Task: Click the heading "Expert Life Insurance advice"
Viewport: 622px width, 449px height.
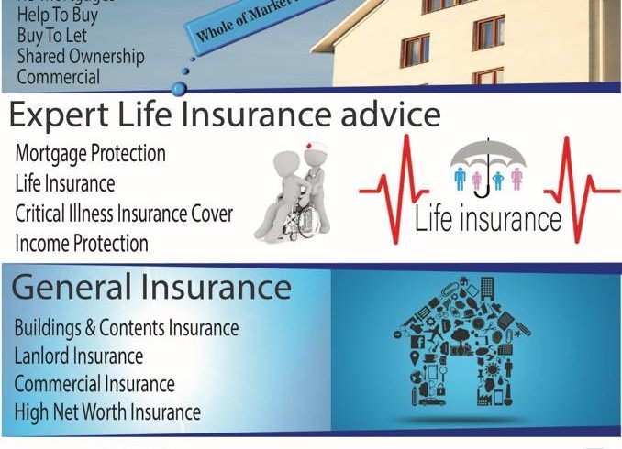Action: (225, 116)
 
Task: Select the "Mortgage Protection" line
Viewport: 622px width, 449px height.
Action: (90, 153)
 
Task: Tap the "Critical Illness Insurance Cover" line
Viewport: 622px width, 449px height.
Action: (124, 214)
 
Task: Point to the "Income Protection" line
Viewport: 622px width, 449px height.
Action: (82, 244)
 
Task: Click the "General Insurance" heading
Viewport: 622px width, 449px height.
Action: (151, 288)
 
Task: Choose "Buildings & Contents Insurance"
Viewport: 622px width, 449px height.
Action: (127, 327)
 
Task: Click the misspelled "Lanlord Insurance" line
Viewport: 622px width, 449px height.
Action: (79, 356)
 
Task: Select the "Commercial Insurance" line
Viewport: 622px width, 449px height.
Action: (94, 383)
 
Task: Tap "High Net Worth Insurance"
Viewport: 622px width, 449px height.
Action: (107, 411)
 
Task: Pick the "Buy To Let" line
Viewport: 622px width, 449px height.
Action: (52, 36)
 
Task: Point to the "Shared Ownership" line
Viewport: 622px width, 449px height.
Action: (81, 57)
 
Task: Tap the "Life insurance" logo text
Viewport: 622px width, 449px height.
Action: (487, 219)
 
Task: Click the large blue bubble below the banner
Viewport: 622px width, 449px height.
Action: (180, 88)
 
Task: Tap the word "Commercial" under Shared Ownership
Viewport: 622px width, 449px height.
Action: (59, 77)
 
